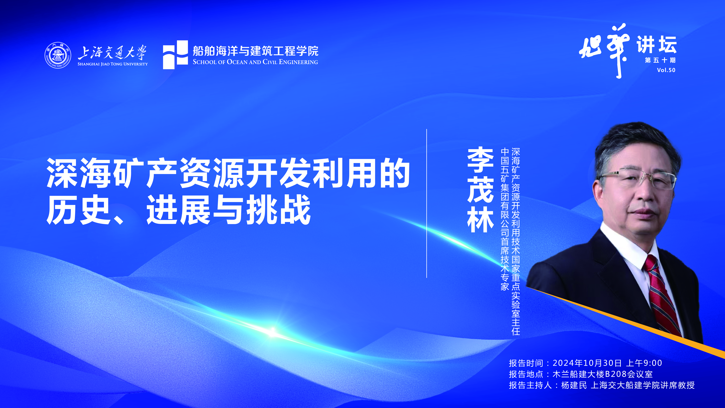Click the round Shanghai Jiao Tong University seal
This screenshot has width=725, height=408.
[58, 55]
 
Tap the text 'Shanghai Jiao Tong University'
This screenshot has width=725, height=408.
[113, 64]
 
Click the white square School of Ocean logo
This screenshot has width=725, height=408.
[175, 55]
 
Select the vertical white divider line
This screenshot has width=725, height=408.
[427, 203]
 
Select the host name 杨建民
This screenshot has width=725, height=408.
[574, 385]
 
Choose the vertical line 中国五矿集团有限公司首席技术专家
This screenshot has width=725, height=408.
[505, 219]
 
